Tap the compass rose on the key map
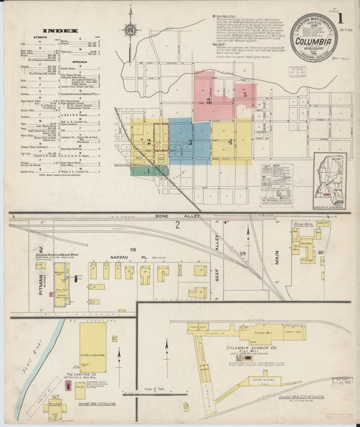point(128,30)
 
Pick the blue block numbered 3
point(190,142)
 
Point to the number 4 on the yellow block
point(231,142)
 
